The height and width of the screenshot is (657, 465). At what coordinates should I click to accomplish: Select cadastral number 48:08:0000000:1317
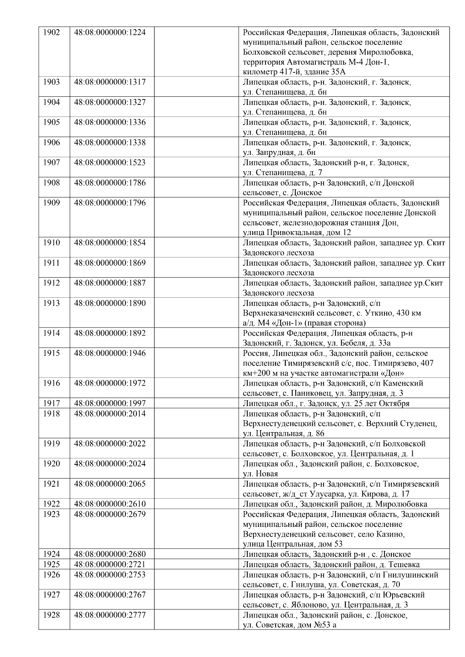(x=110, y=82)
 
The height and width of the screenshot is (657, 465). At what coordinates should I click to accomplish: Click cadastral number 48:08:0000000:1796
(x=110, y=202)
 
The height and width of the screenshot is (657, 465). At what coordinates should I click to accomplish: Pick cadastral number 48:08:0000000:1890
(x=110, y=303)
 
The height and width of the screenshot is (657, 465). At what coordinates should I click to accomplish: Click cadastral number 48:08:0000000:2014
(x=110, y=413)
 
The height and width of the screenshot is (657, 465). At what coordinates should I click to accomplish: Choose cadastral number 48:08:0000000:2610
(x=110, y=504)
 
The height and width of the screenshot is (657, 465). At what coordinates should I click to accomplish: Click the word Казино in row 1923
(x=390, y=534)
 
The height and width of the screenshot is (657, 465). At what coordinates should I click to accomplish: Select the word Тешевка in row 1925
(x=403, y=564)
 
